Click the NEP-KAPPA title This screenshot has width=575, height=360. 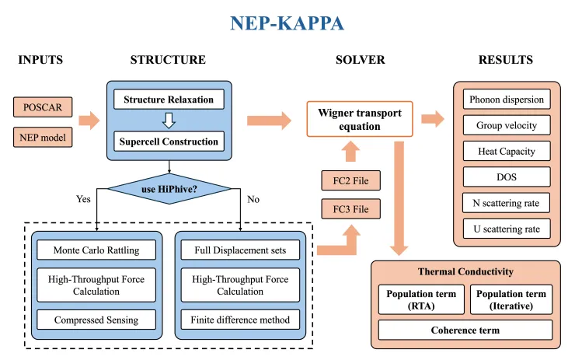[x=287, y=23]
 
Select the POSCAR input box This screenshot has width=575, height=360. [x=43, y=107]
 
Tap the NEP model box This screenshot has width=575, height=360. [x=43, y=138]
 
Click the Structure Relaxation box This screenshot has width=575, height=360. [x=169, y=100]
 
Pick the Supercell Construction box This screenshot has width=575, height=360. [x=169, y=142]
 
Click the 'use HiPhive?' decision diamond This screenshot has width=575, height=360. [x=169, y=189]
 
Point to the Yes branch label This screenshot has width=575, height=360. [x=83, y=199]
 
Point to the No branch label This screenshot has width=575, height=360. [x=253, y=199]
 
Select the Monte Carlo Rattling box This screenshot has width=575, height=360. [x=96, y=250]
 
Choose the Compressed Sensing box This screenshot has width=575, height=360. [x=96, y=320]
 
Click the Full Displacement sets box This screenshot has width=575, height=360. [x=240, y=250]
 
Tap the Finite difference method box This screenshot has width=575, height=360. [x=240, y=320]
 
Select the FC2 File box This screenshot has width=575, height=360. [x=351, y=180]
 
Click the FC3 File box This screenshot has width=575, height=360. [x=351, y=209]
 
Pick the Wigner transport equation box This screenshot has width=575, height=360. [x=360, y=119]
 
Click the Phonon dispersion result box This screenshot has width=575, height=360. [x=507, y=99]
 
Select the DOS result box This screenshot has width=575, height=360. [x=507, y=177]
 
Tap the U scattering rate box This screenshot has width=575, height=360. [x=507, y=229]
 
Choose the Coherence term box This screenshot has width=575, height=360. [x=465, y=330]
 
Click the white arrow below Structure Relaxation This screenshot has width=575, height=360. [x=169, y=121]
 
